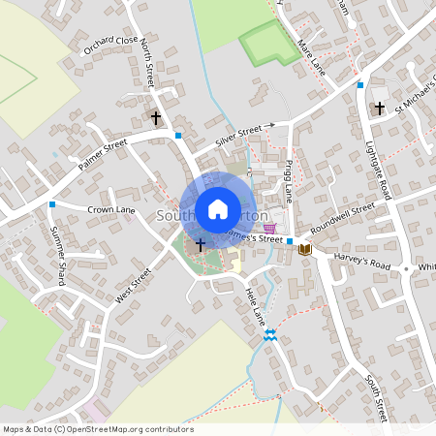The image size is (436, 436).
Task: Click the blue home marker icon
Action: coord(218,208)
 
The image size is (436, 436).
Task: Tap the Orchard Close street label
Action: coord(110,47)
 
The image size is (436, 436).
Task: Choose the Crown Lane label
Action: coord(110,208)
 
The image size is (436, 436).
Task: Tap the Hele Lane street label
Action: coord(254,304)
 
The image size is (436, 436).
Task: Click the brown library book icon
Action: coord(305,250)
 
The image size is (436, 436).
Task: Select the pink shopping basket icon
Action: coord(269,227)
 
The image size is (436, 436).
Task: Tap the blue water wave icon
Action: coord(269,335)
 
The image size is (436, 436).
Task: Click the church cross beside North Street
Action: coord(155,117)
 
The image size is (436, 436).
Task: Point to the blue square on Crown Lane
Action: coord(51,204)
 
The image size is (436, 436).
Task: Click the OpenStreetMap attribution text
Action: coord(98,429)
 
